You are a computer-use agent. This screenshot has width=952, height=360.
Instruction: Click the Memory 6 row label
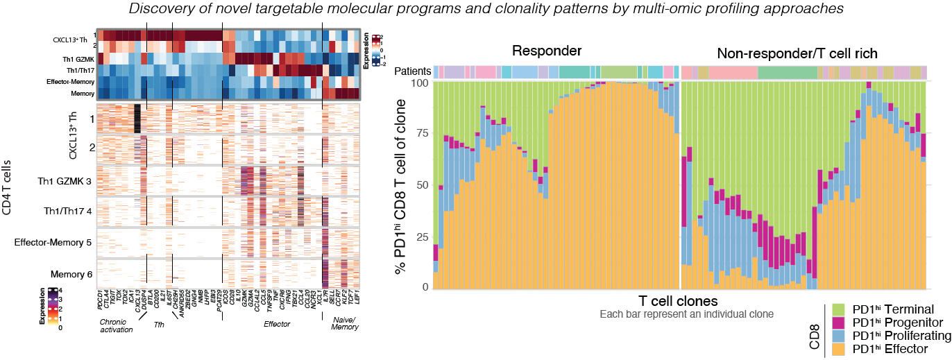pyautogui.click(x=71, y=275)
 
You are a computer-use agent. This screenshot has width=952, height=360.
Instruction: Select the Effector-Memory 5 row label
pyautogui.click(x=54, y=242)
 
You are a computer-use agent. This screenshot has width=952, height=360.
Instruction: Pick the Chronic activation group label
pyautogui.click(x=115, y=325)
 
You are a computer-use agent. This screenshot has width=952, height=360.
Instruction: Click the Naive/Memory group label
pyautogui.click(x=340, y=325)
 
